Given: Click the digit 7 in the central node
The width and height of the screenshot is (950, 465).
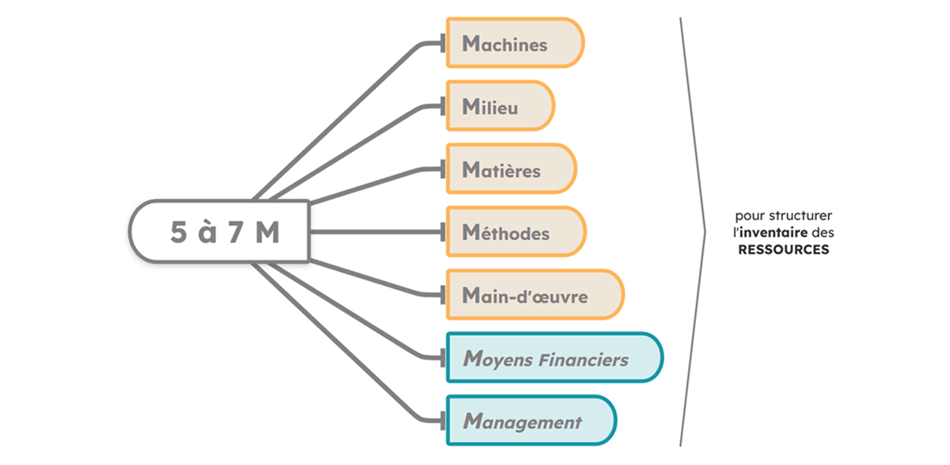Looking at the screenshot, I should click(235, 233).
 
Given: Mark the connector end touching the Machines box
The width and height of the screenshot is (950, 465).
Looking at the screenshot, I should click(443, 43).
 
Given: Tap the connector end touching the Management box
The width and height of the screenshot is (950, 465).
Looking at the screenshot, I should click(443, 421).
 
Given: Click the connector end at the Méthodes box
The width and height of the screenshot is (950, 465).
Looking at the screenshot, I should click(443, 232).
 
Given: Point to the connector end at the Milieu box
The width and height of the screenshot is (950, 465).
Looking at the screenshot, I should click(443, 105).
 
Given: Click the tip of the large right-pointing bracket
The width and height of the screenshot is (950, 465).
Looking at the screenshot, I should click(704, 232).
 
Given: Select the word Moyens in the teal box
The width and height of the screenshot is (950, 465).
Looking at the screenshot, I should click(498, 360).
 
